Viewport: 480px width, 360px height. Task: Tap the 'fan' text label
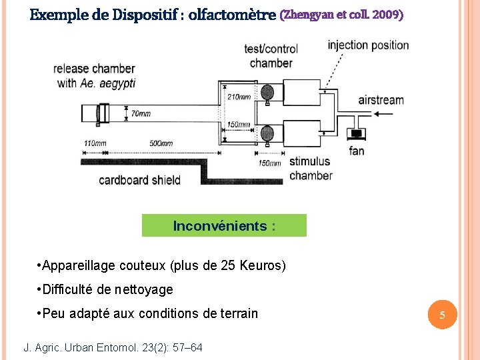pyautogui.click(x=357, y=151)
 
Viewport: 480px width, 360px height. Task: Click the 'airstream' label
pyautogui.click(x=381, y=100)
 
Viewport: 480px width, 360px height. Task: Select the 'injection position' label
pyautogui.click(x=368, y=45)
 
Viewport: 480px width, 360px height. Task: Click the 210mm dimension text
pyautogui.click(x=239, y=97)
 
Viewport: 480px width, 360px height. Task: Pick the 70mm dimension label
pyautogui.click(x=140, y=113)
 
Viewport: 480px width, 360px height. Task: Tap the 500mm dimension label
pyautogui.click(x=161, y=143)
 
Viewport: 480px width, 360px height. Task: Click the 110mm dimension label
pyautogui.click(x=95, y=143)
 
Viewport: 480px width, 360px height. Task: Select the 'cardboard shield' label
pyautogui.click(x=139, y=179)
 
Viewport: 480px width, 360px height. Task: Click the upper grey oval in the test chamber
pyautogui.click(x=267, y=92)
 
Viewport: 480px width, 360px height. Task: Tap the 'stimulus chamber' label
pyautogui.click(x=311, y=168)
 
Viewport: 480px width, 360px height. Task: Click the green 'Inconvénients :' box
pyautogui.click(x=224, y=225)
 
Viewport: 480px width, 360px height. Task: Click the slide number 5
pyautogui.click(x=441, y=314)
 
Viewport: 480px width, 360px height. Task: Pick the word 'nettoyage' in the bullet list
pyautogui.click(x=143, y=289)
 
